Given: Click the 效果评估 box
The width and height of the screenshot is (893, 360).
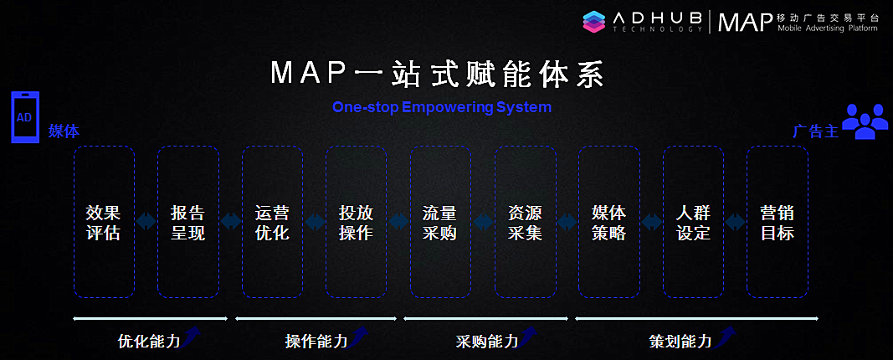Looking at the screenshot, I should (x=104, y=222).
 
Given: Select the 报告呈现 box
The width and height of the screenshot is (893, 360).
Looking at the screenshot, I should (x=187, y=222).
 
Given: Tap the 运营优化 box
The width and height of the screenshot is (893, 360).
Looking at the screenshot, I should (x=272, y=222).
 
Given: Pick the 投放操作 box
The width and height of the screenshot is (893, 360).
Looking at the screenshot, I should (x=356, y=222).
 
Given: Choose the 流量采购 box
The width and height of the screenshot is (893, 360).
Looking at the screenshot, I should (x=440, y=222).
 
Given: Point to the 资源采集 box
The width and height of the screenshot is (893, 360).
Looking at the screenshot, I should (x=525, y=222).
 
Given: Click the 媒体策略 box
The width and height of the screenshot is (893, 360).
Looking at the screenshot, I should (x=608, y=222).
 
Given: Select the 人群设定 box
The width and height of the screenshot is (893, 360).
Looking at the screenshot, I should (x=693, y=222).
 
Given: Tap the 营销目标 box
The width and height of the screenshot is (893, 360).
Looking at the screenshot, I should (x=777, y=222).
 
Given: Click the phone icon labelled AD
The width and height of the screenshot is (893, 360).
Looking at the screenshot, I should (x=24, y=117).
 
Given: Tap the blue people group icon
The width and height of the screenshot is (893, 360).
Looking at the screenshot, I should (x=865, y=121).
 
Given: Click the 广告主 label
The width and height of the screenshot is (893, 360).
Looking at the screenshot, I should (x=815, y=131).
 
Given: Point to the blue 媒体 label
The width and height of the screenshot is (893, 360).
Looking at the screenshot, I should (x=64, y=131).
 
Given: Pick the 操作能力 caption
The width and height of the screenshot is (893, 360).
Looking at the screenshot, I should (x=316, y=342).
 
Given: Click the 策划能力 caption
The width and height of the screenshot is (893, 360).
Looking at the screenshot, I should (x=680, y=342).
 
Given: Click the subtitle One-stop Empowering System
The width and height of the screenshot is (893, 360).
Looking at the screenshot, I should (x=442, y=107).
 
